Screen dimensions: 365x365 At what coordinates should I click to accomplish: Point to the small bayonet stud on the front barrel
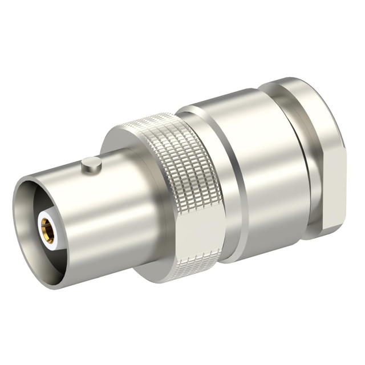[91, 165]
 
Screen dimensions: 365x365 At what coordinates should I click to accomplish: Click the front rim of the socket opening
[23, 188]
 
